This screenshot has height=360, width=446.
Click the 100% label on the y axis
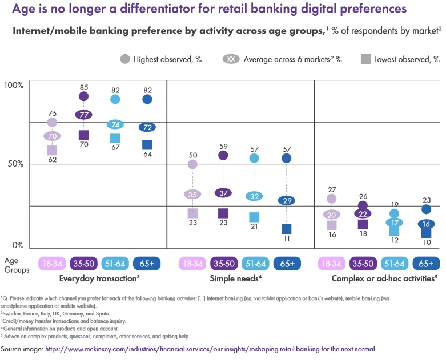click(x=14, y=85)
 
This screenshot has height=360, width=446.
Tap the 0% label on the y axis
click(x=17, y=245)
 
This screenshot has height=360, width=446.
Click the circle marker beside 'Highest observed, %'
click(x=124, y=58)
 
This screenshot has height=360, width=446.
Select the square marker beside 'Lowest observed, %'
click(x=365, y=58)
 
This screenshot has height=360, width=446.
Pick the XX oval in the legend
click(x=231, y=58)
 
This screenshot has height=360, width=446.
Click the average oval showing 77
click(x=83, y=114)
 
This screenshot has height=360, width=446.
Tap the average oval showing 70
click(x=52, y=136)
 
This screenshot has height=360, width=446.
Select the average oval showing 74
click(x=115, y=124)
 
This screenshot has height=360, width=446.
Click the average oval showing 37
click(x=223, y=193)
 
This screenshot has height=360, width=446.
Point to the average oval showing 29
click(x=287, y=200)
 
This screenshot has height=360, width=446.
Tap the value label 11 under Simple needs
click(x=287, y=240)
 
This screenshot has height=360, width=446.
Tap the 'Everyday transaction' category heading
click(x=99, y=279)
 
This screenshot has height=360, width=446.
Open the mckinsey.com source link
click(x=210, y=348)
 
